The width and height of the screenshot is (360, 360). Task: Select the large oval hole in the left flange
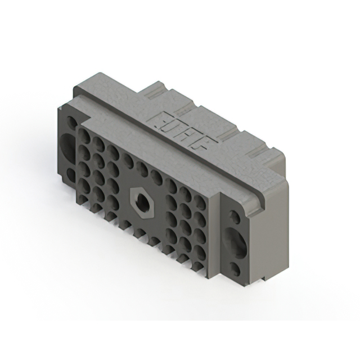click(x=69, y=147)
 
